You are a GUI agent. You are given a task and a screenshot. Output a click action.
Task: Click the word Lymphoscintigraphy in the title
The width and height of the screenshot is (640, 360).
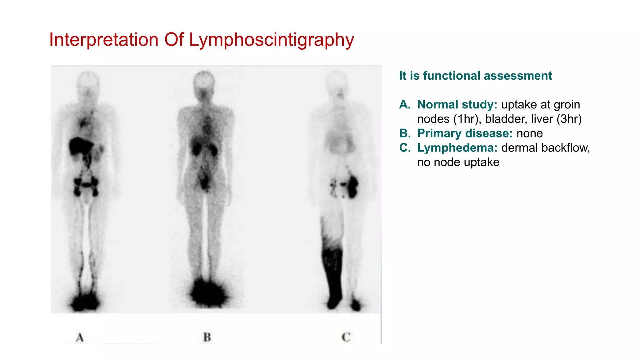click(271, 40)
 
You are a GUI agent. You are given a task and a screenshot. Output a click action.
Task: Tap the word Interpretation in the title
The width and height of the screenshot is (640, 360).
click(104, 40)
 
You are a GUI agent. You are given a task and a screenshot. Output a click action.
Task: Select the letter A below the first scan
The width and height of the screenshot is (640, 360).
click(80, 337)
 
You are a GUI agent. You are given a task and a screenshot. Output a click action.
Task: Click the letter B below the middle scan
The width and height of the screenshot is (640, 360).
click(207, 337)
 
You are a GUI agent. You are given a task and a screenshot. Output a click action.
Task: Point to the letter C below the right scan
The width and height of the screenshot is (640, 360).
click(346, 337)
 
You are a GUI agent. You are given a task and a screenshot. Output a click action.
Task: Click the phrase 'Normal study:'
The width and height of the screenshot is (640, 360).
click(457, 105)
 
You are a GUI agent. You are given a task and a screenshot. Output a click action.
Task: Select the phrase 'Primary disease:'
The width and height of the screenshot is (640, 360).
click(465, 133)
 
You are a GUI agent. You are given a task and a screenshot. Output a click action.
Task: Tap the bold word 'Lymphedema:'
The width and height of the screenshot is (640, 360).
click(457, 148)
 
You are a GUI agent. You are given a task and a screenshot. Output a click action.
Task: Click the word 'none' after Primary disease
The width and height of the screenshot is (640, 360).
click(530, 133)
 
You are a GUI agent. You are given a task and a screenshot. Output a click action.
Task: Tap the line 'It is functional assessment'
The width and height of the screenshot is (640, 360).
click(475, 76)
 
